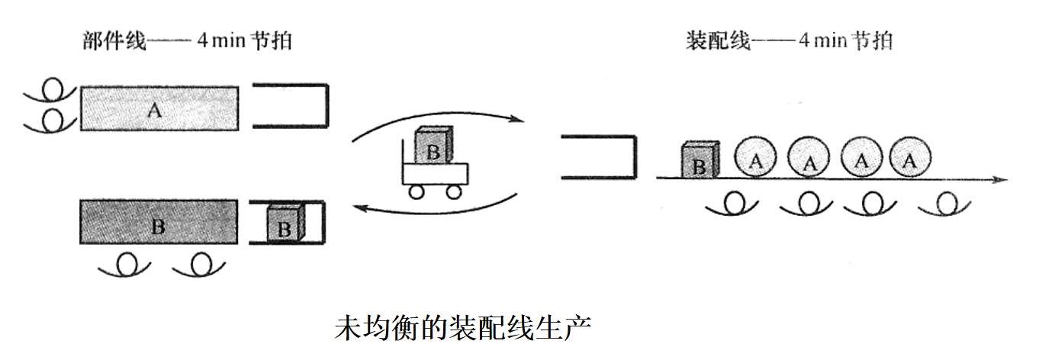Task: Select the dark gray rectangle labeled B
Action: point(158,226)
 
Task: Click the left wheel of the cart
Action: point(417,192)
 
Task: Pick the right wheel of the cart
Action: point(453,192)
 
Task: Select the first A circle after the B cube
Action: point(755,159)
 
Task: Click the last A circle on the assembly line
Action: point(909,159)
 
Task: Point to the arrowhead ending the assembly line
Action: point(1001,180)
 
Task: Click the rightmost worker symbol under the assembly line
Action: point(947,202)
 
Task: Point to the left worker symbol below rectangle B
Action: point(127,265)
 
